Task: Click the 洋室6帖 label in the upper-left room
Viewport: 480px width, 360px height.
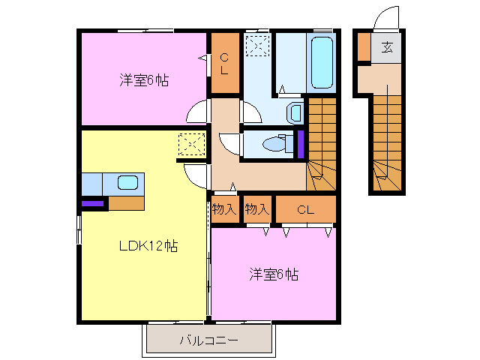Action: click(143, 79)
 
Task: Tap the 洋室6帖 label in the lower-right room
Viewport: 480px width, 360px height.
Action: click(274, 274)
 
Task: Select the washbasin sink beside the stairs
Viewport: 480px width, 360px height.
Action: click(295, 113)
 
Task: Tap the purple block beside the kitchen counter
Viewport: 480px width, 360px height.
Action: click(94, 202)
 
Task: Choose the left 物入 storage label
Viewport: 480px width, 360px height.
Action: click(223, 209)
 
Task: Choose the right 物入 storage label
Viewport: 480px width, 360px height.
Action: click(257, 209)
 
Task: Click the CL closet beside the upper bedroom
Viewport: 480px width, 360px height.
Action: click(224, 63)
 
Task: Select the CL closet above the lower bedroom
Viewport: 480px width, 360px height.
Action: click(304, 209)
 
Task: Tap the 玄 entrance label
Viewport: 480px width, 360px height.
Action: click(387, 48)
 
